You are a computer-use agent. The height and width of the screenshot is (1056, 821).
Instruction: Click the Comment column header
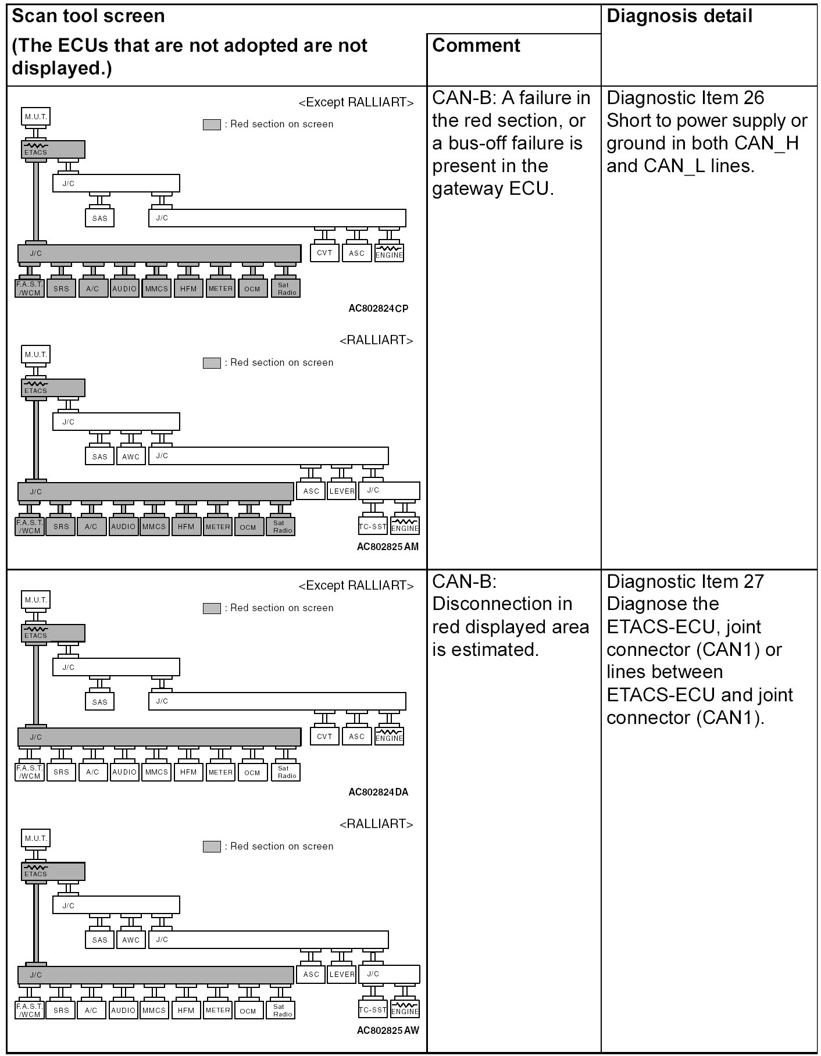[476, 45]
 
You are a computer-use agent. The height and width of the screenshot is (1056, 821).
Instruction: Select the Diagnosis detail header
[679, 16]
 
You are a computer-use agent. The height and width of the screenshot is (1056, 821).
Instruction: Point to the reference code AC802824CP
[378, 308]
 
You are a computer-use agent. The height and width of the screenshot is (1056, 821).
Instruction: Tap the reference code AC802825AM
[387, 547]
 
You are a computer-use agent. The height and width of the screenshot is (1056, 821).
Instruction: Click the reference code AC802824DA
[378, 792]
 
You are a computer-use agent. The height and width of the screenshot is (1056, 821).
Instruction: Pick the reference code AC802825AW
[387, 1030]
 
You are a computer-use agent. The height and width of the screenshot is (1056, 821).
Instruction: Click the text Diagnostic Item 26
[685, 98]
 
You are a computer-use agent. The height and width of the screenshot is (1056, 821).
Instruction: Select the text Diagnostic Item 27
[685, 581]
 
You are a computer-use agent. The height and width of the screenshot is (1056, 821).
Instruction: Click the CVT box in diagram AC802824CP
[324, 253]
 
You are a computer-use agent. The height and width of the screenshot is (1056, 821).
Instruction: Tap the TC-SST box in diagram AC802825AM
[373, 527]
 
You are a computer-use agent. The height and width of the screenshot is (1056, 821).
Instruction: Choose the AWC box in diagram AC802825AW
[131, 940]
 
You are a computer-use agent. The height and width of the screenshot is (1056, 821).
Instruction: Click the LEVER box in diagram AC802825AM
[342, 491]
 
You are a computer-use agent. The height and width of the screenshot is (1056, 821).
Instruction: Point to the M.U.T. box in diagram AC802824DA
[35, 600]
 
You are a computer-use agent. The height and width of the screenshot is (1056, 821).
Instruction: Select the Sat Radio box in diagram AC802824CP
[286, 288]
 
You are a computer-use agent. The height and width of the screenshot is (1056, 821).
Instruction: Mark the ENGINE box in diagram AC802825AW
[405, 1009]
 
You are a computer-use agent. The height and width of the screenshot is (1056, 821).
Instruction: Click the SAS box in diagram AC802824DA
[99, 702]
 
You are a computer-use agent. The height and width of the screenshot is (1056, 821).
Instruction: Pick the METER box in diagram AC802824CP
[220, 288]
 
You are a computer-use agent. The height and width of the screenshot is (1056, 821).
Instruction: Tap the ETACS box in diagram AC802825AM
[53, 388]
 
